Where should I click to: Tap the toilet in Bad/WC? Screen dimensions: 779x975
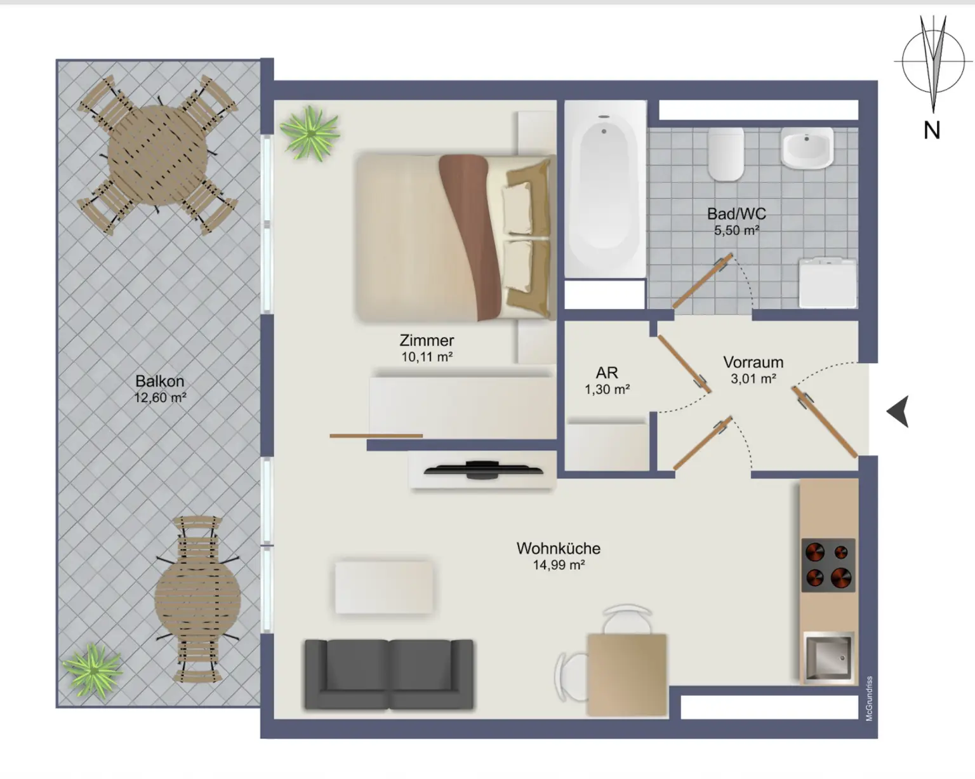pos(726,154)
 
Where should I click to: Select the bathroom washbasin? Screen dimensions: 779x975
pos(806,147)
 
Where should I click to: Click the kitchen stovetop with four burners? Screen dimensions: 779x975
pos(828,565)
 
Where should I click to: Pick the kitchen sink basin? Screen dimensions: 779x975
pos(828,656)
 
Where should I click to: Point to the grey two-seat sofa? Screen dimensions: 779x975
pos(389,674)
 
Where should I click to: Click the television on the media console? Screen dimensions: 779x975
pos(483,470)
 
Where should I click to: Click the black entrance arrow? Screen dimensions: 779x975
pos(898,411)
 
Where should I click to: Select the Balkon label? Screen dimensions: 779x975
pos(160,381)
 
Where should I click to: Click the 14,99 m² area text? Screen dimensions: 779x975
pos(559,565)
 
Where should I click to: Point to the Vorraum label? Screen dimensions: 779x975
pos(753,363)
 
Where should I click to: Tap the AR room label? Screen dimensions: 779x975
pos(607,373)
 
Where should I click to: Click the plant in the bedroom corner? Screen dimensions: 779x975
pos(310,133)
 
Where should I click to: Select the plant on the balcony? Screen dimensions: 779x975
pos(93,670)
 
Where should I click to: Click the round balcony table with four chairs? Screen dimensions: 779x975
pos(157,154)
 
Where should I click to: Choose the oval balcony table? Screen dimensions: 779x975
pos(198,599)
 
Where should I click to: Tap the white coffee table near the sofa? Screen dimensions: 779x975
pos(384,587)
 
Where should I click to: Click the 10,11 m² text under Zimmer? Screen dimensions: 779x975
pos(427,357)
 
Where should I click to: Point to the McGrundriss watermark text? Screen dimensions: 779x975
pos(870,698)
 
